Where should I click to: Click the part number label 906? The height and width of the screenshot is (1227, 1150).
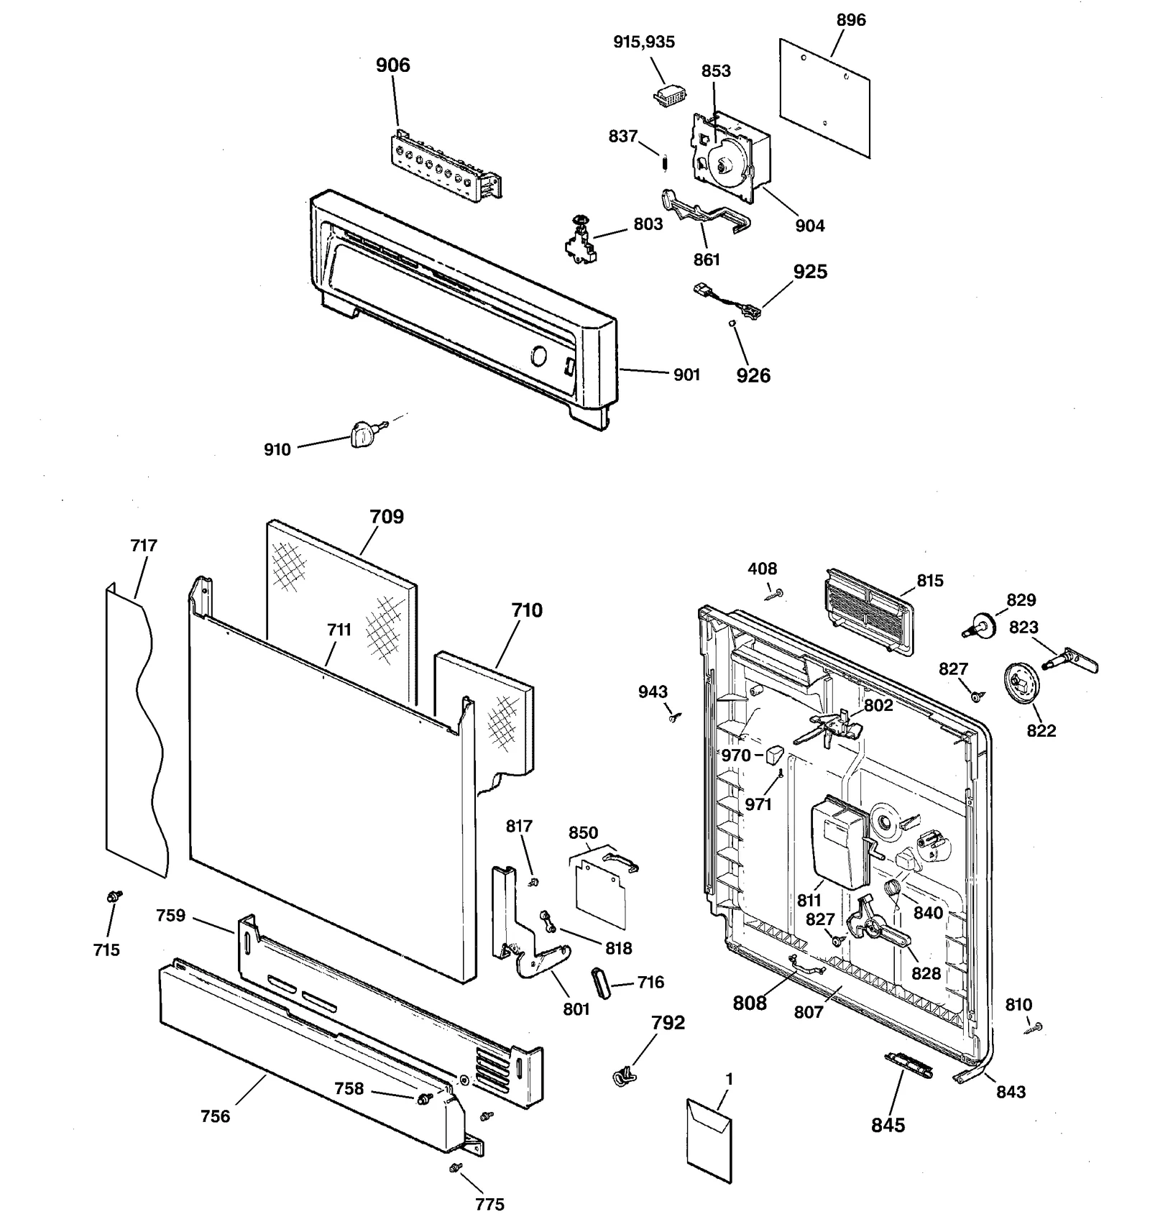click(392, 65)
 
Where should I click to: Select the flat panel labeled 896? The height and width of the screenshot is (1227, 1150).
click(824, 98)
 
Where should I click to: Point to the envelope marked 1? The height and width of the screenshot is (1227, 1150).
click(709, 1141)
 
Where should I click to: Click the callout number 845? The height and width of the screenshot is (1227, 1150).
click(888, 1126)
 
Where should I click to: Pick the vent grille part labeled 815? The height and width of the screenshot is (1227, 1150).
click(868, 611)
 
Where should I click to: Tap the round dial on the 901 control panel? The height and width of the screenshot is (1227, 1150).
click(538, 357)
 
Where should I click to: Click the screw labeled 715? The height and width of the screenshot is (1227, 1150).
click(114, 896)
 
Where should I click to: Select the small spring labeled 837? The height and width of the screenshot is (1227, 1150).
click(666, 164)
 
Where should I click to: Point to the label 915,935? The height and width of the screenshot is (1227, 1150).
click(643, 42)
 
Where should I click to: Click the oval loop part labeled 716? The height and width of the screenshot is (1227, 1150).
click(600, 983)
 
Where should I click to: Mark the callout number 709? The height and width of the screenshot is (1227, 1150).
click(387, 517)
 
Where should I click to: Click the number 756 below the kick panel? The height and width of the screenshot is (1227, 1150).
click(215, 1116)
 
